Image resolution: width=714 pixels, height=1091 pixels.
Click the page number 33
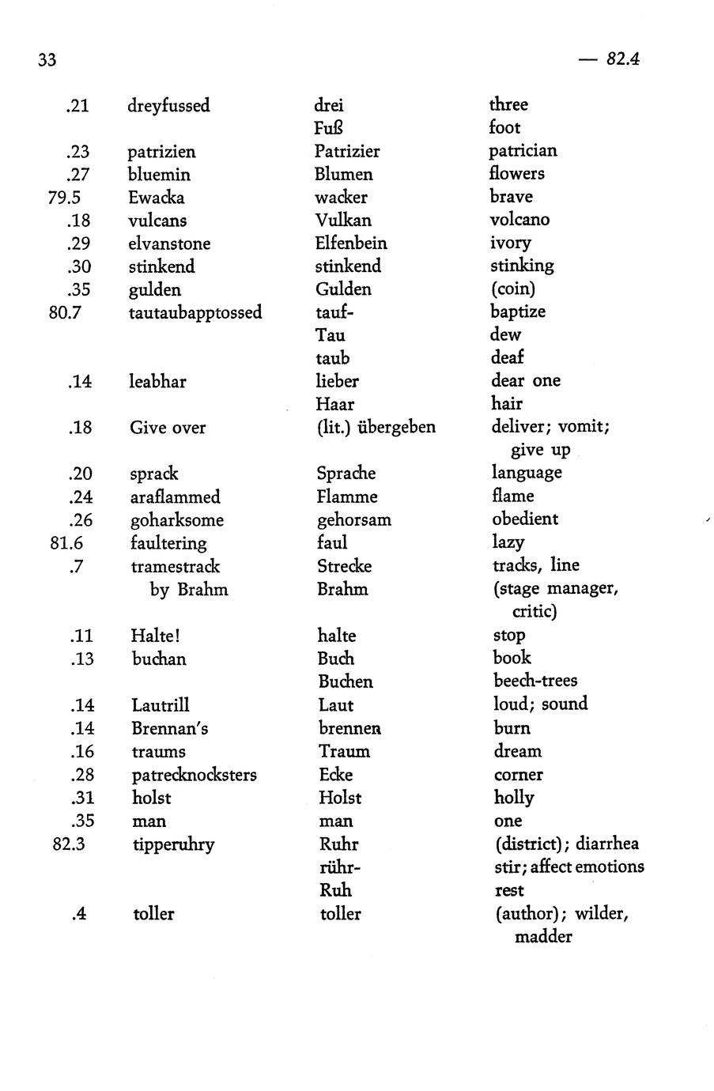[x=47, y=60]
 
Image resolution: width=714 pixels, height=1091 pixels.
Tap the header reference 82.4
[x=622, y=59]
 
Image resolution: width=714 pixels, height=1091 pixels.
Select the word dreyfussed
[x=168, y=106]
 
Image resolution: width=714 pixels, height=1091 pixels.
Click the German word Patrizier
[x=347, y=151]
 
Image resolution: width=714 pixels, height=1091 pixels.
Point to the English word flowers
[x=516, y=173]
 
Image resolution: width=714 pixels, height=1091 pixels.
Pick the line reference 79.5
[x=65, y=197]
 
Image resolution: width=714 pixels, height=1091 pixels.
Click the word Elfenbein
[x=351, y=243]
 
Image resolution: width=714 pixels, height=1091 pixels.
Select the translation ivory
[x=510, y=243]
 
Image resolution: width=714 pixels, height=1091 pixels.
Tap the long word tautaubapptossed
[x=195, y=312]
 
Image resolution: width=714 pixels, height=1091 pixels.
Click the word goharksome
[x=177, y=520]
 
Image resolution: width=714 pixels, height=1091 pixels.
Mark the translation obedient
[x=524, y=519]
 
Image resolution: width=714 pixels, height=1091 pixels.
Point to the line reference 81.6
[x=66, y=543]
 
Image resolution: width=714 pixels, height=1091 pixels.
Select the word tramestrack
[x=176, y=566]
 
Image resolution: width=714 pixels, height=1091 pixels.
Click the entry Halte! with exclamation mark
[x=156, y=636]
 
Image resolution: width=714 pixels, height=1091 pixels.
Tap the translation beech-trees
[x=535, y=681]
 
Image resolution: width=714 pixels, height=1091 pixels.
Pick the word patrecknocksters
[x=195, y=775]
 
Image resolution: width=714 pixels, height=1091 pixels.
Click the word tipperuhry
[x=173, y=844]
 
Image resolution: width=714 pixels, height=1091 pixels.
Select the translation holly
[x=514, y=798]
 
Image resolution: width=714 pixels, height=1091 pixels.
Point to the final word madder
[x=542, y=937]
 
